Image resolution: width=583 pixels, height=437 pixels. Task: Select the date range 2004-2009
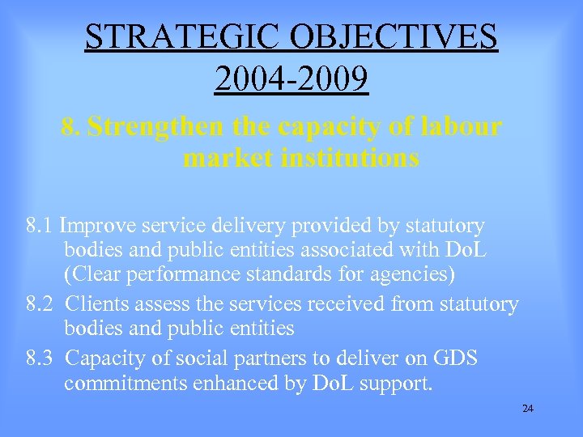pos(291,79)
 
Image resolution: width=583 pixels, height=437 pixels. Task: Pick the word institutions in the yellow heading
pos(350,157)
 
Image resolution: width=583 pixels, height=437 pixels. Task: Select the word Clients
pos(96,304)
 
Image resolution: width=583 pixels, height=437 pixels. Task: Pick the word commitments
pos(126,383)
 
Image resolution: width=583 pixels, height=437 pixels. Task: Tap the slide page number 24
pos(528,409)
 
